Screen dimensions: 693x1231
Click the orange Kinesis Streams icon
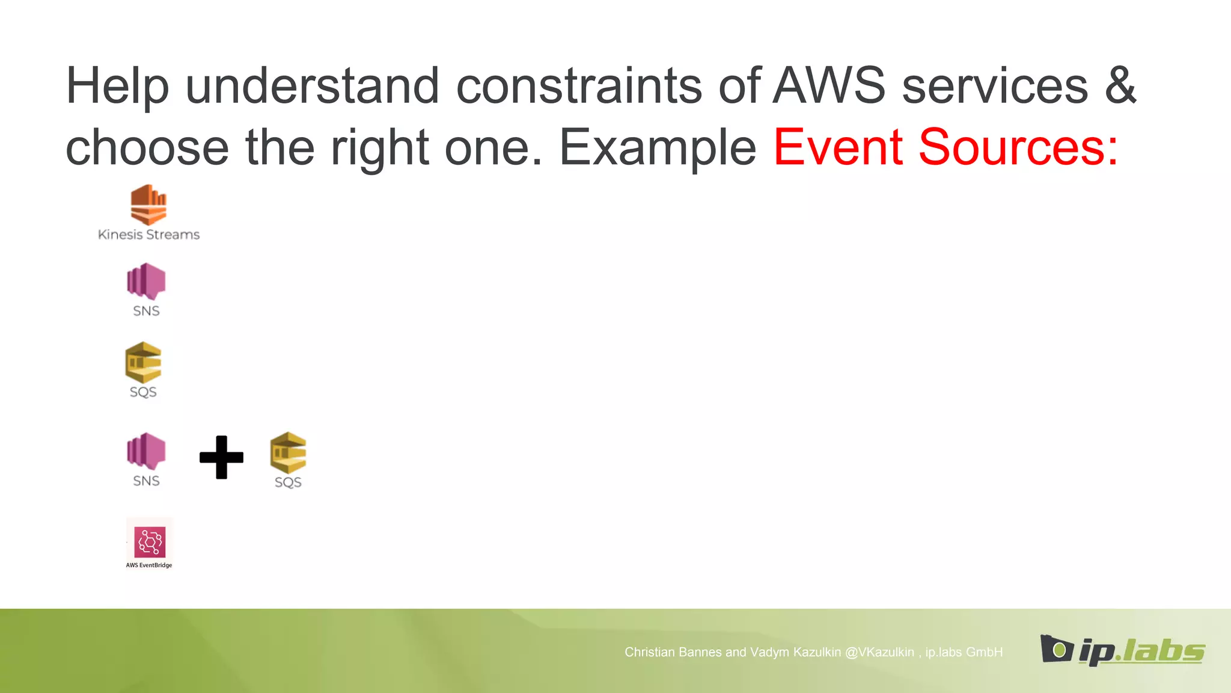pyautogui.click(x=148, y=205)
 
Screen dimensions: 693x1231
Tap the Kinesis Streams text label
pyautogui.click(x=148, y=235)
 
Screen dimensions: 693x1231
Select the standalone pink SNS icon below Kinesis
pyautogui.click(x=146, y=281)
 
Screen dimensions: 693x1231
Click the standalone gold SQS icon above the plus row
pyautogui.click(x=143, y=362)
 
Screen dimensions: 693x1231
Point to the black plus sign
pyautogui.click(x=221, y=457)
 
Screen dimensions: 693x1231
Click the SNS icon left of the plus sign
pyautogui.click(x=146, y=451)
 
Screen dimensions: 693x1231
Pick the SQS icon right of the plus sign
pyautogui.click(x=288, y=452)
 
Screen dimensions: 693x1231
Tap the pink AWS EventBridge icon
pyautogui.click(x=150, y=542)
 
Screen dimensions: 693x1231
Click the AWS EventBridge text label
pyautogui.click(x=149, y=565)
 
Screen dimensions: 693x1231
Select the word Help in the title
pyautogui.click(x=117, y=86)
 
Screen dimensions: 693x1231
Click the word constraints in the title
pyautogui.click(x=579, y=86)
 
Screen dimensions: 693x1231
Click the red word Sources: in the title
pyautogui.click(x=1018, y=147)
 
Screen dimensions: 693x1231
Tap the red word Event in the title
pyautogui.click(x=838, y=147)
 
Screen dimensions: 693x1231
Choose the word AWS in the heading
pyautogui.click(x=829, y=86)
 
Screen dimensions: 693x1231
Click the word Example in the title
pyautogui.click(x=658, y=147)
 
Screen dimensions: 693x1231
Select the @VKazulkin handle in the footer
pyautogui.click(x=879, y=652)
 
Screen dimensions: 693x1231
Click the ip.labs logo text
pyautogui.click(x=1141, y=651)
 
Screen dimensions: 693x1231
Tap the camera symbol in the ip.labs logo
pyautogui.click(x=1057, y=648)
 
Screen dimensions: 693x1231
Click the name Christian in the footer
pyautogui.click(x=647, y=652)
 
